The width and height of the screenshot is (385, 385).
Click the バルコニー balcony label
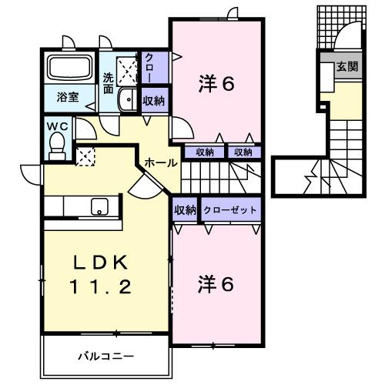click(105, 356)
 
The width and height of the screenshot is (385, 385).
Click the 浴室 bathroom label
click(68, 97)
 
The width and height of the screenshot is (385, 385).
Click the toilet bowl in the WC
click(57, 144)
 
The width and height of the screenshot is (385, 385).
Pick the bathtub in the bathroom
click(70, 69)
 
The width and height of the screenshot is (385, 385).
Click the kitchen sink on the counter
click(99, 206)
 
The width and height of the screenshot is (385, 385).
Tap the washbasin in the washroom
click(128, 99)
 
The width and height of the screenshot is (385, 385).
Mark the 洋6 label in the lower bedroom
click(215, 283)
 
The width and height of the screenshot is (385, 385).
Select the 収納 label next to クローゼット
click(184, 209)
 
